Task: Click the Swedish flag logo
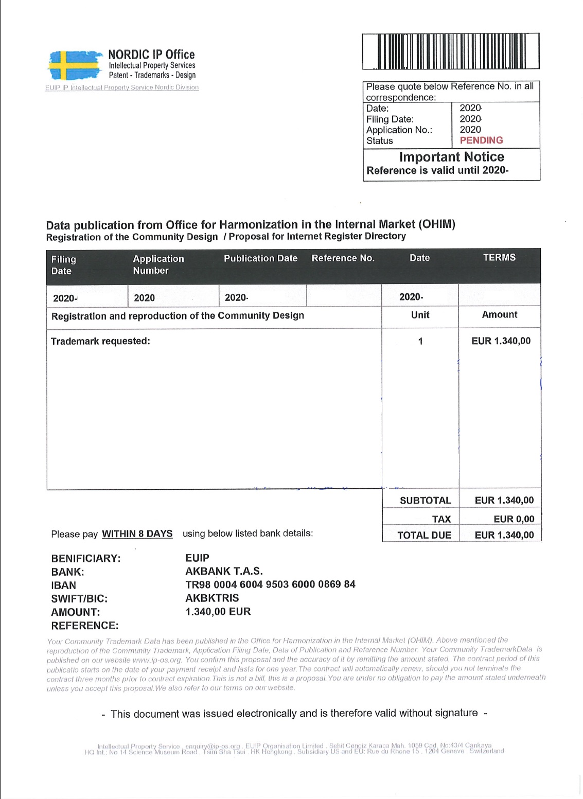tap(75, 65)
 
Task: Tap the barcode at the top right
tap(451, 51)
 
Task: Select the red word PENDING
tap(481, 140)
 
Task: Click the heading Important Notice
tap(451, 157)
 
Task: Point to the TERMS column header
tap(499, 258)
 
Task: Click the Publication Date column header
tap(260, 258)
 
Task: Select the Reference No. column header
tap(343, 258)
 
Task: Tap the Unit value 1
tap(420, 341)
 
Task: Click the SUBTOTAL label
tap(425, 501)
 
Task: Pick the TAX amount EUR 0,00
tap(514, 519)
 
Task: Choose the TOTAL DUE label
tap(424, 535)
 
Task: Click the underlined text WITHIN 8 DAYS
tap(137, 534)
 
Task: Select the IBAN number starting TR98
tap(270, 584)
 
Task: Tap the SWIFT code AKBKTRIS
tap(212, 598)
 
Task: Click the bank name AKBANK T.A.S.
tap(224, 571)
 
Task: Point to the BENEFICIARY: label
tap(85, 558)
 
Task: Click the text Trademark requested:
tap(100, 341)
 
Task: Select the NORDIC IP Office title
tap(151, 55)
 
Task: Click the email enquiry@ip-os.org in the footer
tap(213, 746)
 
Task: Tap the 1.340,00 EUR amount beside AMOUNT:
tap(218, 612)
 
